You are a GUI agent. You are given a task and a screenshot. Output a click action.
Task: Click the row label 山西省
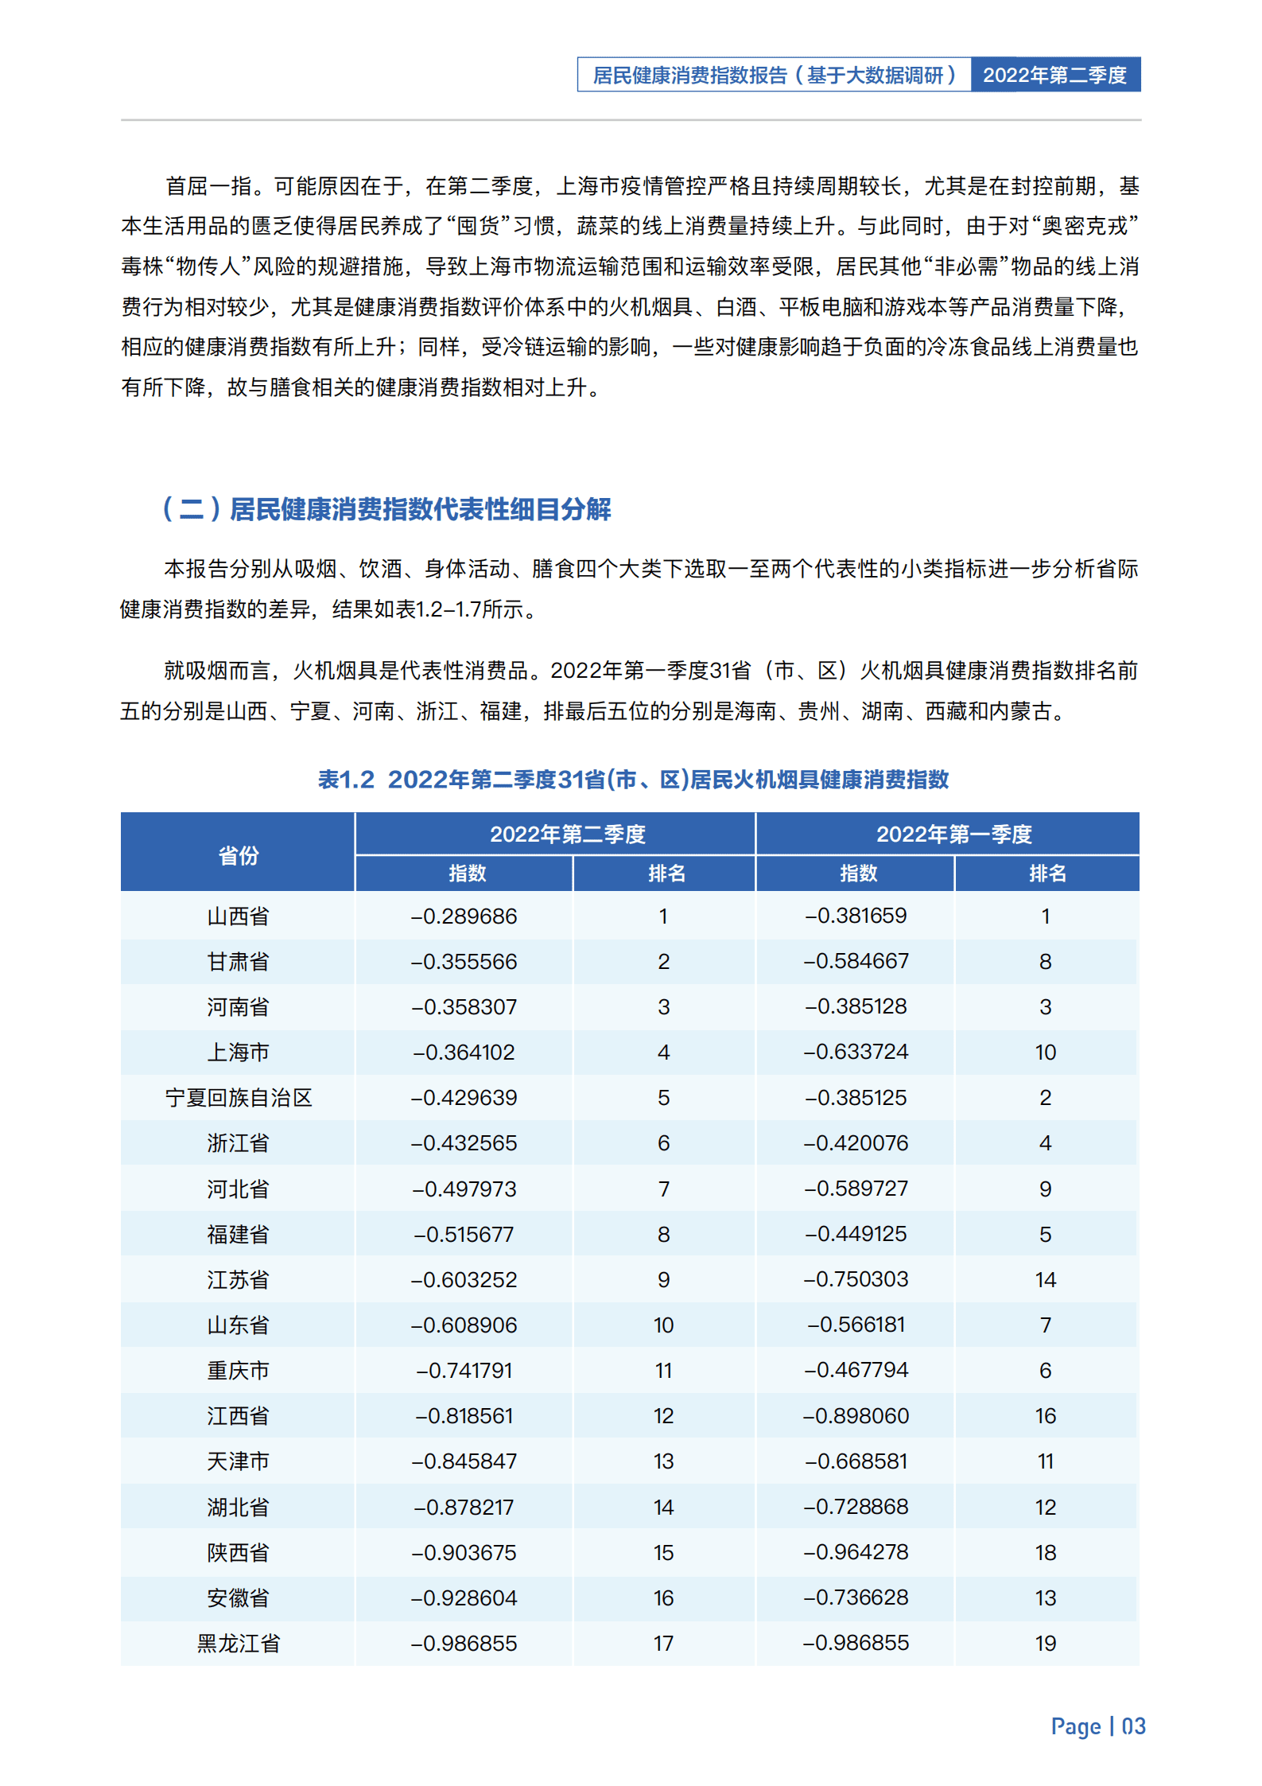click(238, 916)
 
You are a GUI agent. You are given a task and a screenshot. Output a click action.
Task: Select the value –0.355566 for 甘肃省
click(464, 961)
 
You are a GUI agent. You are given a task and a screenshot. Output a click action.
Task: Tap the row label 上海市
click(238, 1052)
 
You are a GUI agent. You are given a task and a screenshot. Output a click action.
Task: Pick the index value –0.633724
click(856, 1052)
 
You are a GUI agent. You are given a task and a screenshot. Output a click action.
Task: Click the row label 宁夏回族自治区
click(238, 1097)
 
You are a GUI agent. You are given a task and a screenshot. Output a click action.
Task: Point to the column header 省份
click(238, 855)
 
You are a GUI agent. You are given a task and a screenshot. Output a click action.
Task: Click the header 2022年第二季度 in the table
click(567, 834)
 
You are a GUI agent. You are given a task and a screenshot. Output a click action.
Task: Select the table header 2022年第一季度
click(953, 834)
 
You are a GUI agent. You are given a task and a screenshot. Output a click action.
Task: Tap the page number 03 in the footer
click(1132, 1726)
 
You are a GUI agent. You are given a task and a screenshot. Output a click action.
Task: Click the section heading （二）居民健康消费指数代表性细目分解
click(386, 509)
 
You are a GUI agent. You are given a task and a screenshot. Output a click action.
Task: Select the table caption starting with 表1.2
click(633, 779)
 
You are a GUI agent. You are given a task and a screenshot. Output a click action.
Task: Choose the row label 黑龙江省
click(238, 1643)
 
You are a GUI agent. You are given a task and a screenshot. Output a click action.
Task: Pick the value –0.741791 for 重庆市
click(464, 1370)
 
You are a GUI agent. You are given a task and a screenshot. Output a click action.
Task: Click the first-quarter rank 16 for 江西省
click(1045, 1415)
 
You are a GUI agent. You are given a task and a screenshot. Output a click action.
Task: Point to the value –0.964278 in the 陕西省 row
click(856, 1551)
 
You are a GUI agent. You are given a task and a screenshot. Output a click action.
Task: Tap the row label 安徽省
click(238, 1597)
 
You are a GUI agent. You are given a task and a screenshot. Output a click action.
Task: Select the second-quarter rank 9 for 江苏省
click(663, 1279)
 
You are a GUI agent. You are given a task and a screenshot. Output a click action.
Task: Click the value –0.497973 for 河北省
click(464, 1189)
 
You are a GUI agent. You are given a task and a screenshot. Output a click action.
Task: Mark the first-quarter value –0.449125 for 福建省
click(856, 1233)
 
